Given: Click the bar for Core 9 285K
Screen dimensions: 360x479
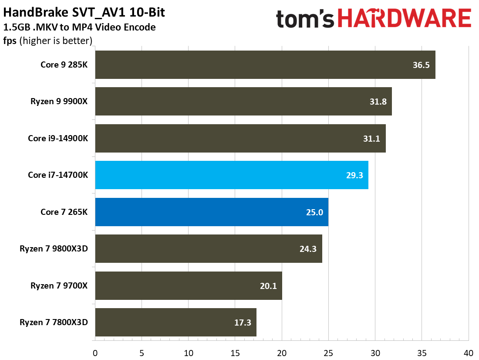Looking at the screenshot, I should coord(265,65).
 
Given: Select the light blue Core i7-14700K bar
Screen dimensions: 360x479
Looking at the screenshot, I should coord(231,175).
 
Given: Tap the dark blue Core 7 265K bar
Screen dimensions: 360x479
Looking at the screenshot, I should coord(211,212).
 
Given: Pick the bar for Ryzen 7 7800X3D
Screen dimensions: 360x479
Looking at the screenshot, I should coord(175,323).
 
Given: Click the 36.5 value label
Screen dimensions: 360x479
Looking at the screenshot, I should coord(421,65).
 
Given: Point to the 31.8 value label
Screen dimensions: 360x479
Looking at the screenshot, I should coord(377,102).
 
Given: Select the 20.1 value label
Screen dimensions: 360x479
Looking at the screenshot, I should coord(267,286).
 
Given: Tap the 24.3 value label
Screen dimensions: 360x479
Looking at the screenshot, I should coord(307,249).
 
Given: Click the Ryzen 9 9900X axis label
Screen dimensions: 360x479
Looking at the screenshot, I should coord(59,102).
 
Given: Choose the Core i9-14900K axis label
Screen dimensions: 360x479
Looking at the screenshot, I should coord(58,138).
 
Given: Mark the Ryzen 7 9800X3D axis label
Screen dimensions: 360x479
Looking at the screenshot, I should coord(54,249).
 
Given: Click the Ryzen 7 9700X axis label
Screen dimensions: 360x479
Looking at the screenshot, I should coord(59,285).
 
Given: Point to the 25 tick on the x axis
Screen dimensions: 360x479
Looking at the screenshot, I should coord(328,352).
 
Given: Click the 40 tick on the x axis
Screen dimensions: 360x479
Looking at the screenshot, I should coord(468,352).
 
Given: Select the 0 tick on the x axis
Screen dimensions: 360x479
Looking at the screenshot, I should coord(95,352).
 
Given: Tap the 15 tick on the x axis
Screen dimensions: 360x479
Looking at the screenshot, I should coord(235,352).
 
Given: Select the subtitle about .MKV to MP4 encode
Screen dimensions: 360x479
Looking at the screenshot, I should coord(79,27).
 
